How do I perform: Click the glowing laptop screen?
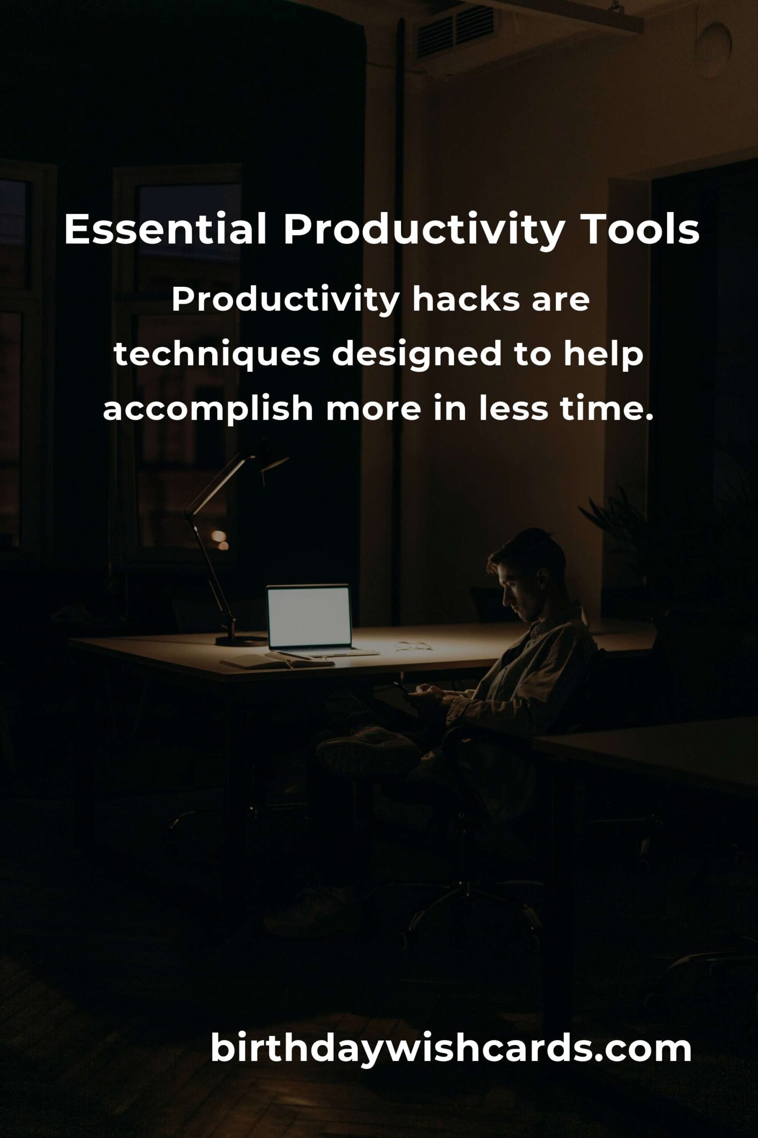point(309,616)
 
